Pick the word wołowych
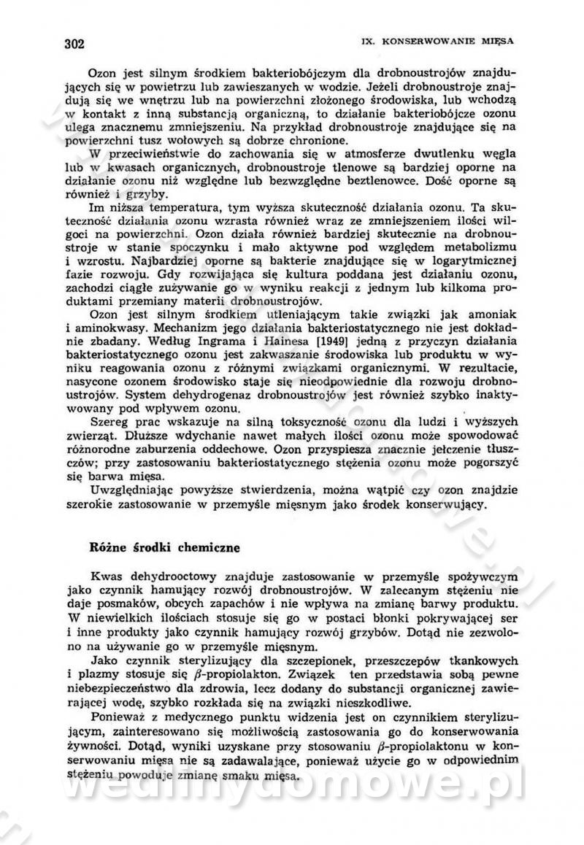click(x=234, y=142)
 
